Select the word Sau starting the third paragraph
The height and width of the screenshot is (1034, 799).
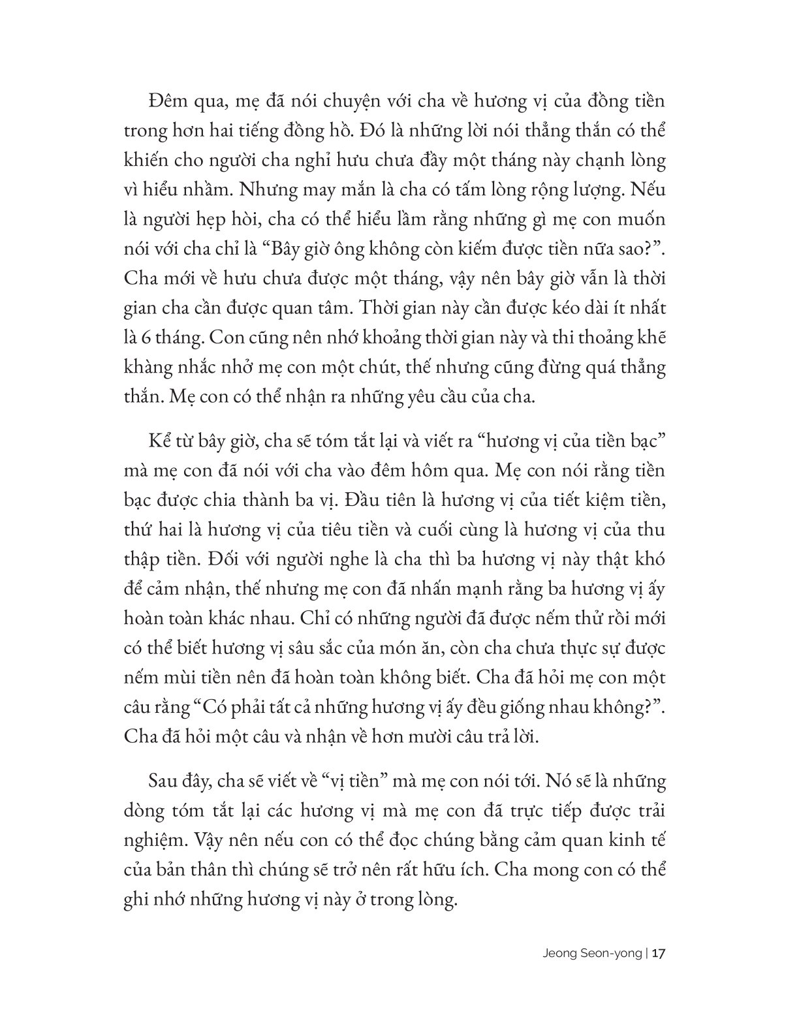click(161, 782)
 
